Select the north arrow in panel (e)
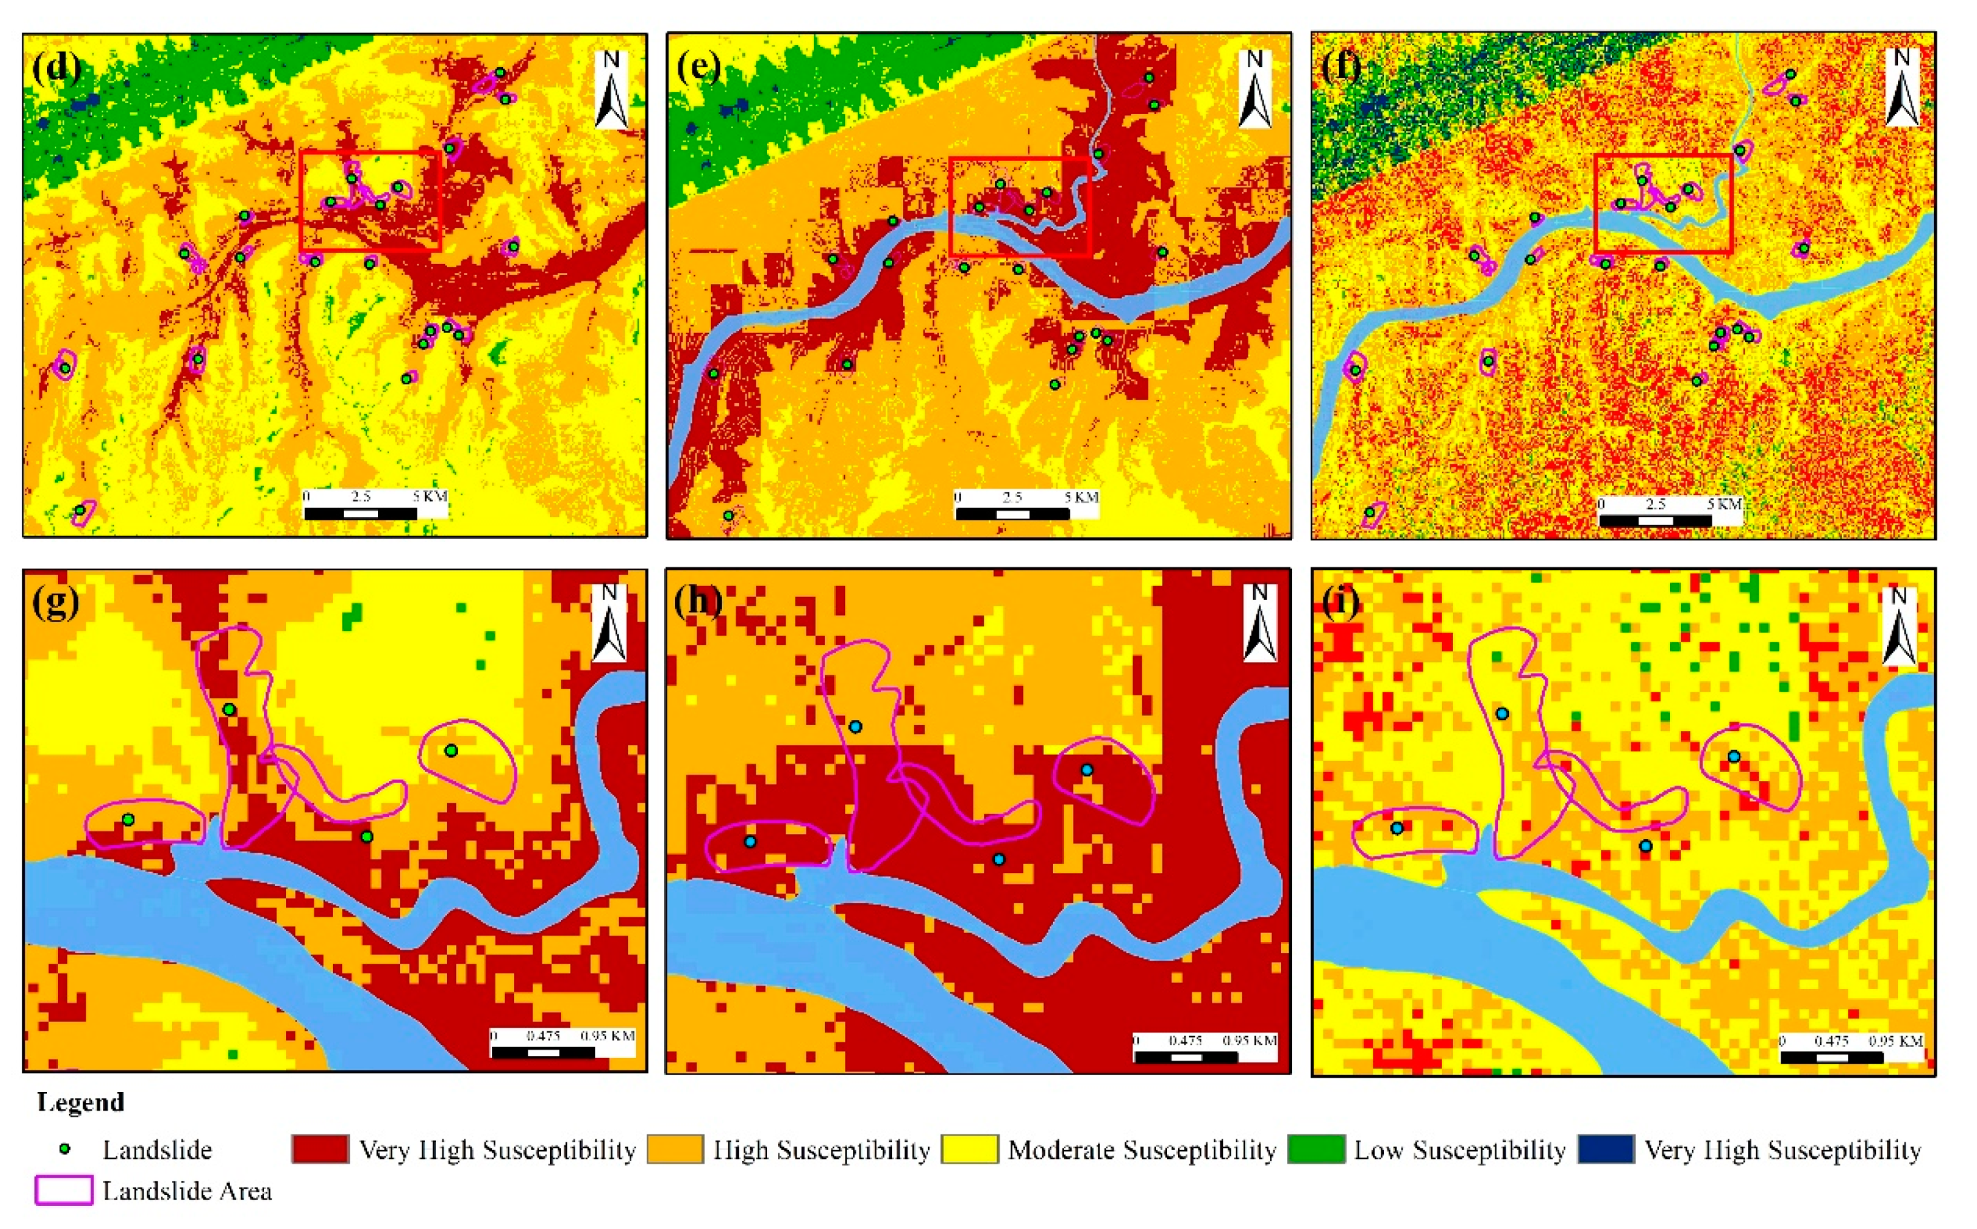(1254, 89)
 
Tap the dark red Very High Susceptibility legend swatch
(320, 1149)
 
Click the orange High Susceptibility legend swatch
(675, 1149)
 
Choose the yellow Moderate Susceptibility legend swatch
(970, 1149)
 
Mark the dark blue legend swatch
(1606, 1149)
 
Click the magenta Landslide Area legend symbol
(64, 1190)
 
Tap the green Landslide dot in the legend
(65, 1149)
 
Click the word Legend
(80, 1102)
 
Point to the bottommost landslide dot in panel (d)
(80, 510)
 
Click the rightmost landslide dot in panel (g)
(451, 750)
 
